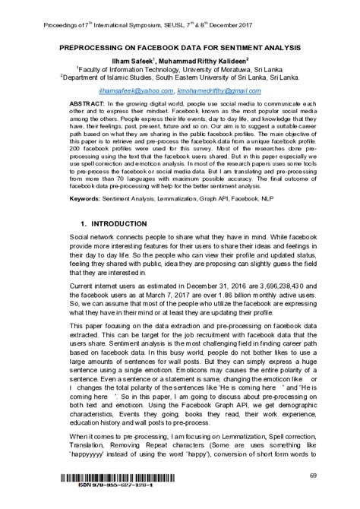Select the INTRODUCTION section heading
point(119,226)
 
